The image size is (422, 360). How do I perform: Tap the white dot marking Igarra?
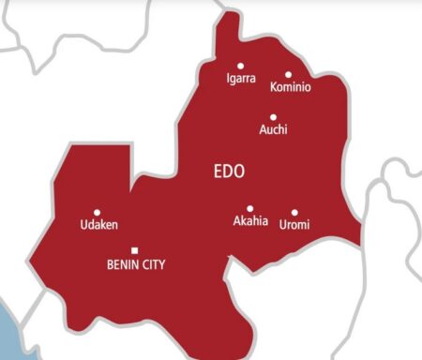(x=240, y=66)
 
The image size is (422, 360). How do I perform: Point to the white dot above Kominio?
(x=288, y=74)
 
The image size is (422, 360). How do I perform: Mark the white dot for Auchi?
(x=273, y=117)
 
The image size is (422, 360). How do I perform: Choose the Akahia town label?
(x=250, y=222)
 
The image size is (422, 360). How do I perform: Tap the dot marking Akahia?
(x=249, y=208)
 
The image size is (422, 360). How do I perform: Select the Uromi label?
(x=294, y=225)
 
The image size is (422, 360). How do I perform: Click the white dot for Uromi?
(x=294, y=212)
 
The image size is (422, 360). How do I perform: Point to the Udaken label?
(x=100, y=225)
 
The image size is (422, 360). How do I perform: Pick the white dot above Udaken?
(x=97, y=212)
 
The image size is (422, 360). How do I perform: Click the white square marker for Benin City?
(x=135, y=249)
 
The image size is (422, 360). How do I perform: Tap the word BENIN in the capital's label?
(x=124, y=265)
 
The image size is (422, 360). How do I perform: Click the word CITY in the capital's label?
(x=153, y=265)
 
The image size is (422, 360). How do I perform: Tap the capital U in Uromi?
(x=283, y=225)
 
